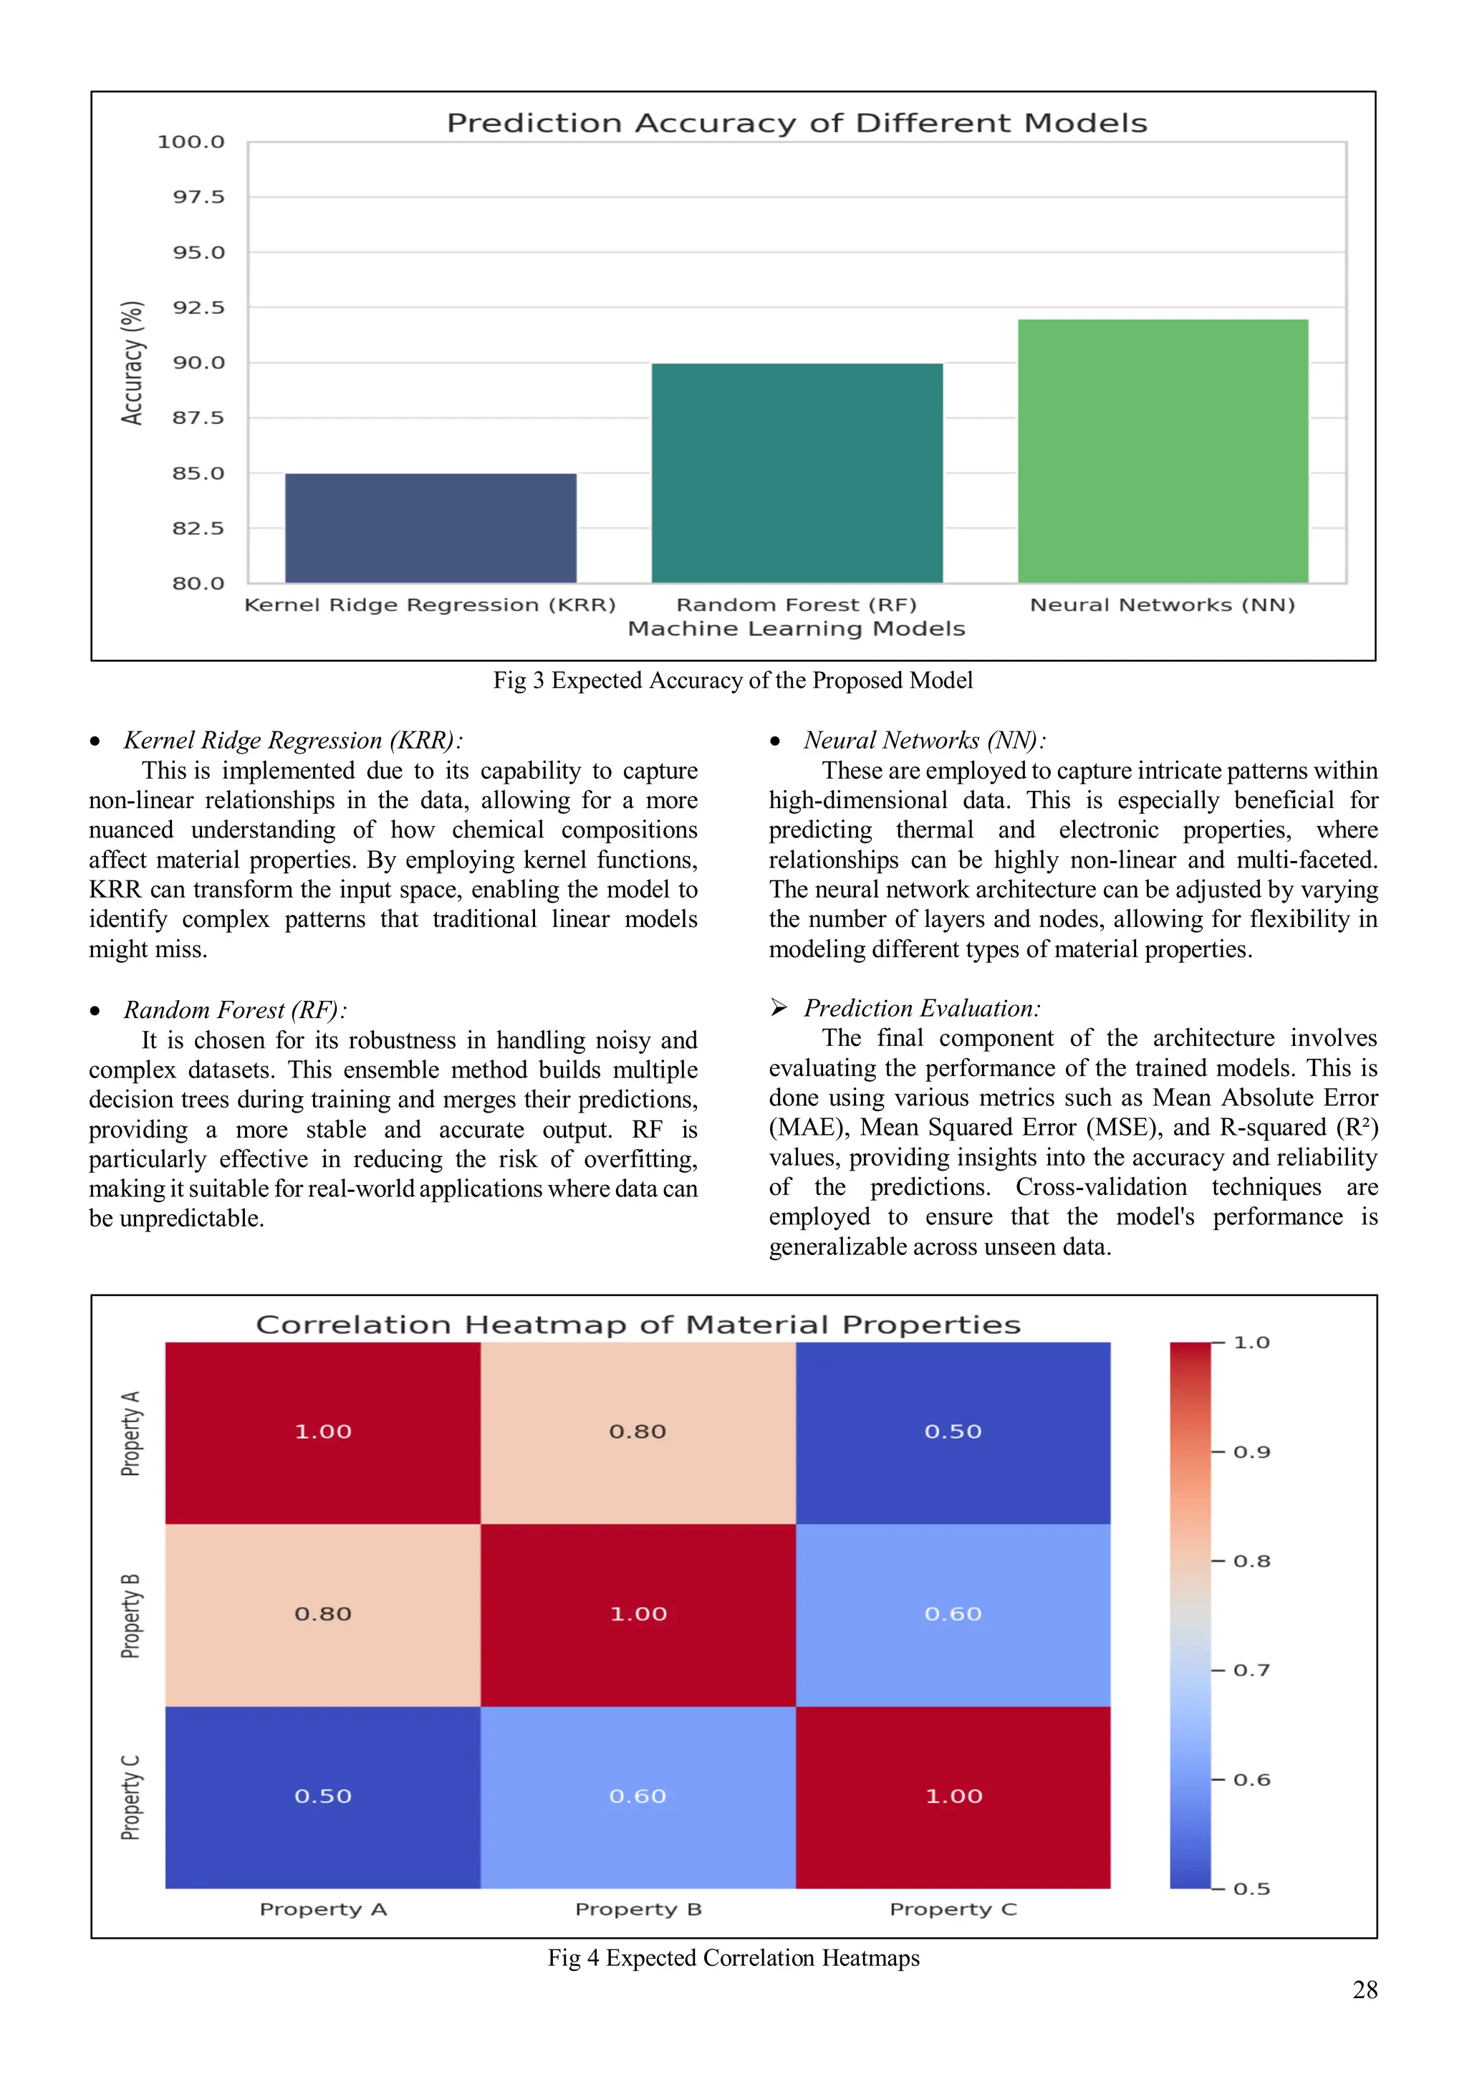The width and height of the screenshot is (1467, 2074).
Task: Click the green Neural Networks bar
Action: pyautogui.click(x=1163, y=451)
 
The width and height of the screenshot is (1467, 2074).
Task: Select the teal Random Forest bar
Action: pyautogui.click(x=797, y=474)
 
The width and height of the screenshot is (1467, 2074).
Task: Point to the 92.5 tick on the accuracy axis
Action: pyautogui.click(x=198, y=308)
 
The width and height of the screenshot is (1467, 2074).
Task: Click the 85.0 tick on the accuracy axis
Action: pyautogui.click(x=198, y=474)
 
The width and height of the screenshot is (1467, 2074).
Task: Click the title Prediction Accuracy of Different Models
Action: pyautogui.click(x=797, y=123)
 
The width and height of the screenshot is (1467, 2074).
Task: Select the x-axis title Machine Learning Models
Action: pyautogui.click(x=797, y=629)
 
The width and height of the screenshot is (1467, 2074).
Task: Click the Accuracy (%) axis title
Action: pyautogui.click(x=132, y=363)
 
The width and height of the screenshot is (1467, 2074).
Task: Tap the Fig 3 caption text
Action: pyautogui.click(x=733, y=680)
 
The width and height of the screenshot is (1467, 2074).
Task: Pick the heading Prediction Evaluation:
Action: pyautogui.click(x=921, y=1008)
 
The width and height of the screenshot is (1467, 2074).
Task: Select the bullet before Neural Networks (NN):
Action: pyautogui.click(x=774, y=741)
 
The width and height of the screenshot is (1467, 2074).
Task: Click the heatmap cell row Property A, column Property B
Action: pyautogui.click(x=638, y=1432)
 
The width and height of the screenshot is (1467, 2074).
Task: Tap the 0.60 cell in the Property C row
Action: pyautogui.click(x=638, y=1797)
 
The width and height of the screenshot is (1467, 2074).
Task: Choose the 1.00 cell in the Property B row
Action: pyautogui.click(x=638, y=1614)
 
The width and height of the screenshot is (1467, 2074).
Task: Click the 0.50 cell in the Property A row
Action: pyautogui.click(x=953, y=1432)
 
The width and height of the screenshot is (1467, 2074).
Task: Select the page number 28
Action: pyautogui.click(x=1364, y=1990)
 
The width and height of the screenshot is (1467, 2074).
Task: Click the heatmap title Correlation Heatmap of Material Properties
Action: pyautogui.click(x=638, y=1325)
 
